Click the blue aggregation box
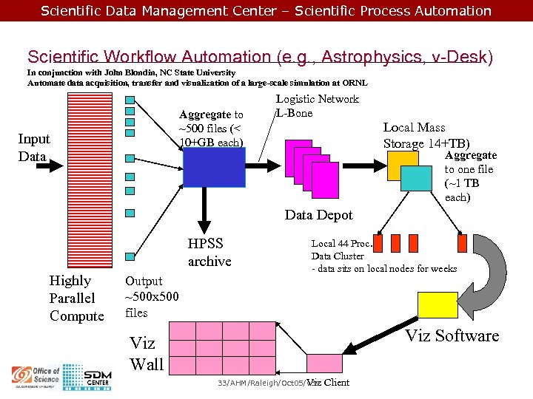pyautogui.click(x=214, y=168)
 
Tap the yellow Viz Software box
pyautogui.click(x=438, y=305)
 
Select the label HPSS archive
pyautogui.click(x=209, y=252)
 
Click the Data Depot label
pyautogui.click(x=319, y=215)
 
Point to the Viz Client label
pyautogui.click(x=328, y=383)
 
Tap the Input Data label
pyautogui.click(x=34, y=148)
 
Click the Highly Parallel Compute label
pyautogui.click(x=76, y=299)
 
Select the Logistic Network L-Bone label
pyautogui.click(x=317, y=106)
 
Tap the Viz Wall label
pyautogui.click(x=146, y=353)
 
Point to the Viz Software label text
pyautogui.click(x=452, y=336)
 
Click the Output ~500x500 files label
pyautogui.click(x=151, y=296)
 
